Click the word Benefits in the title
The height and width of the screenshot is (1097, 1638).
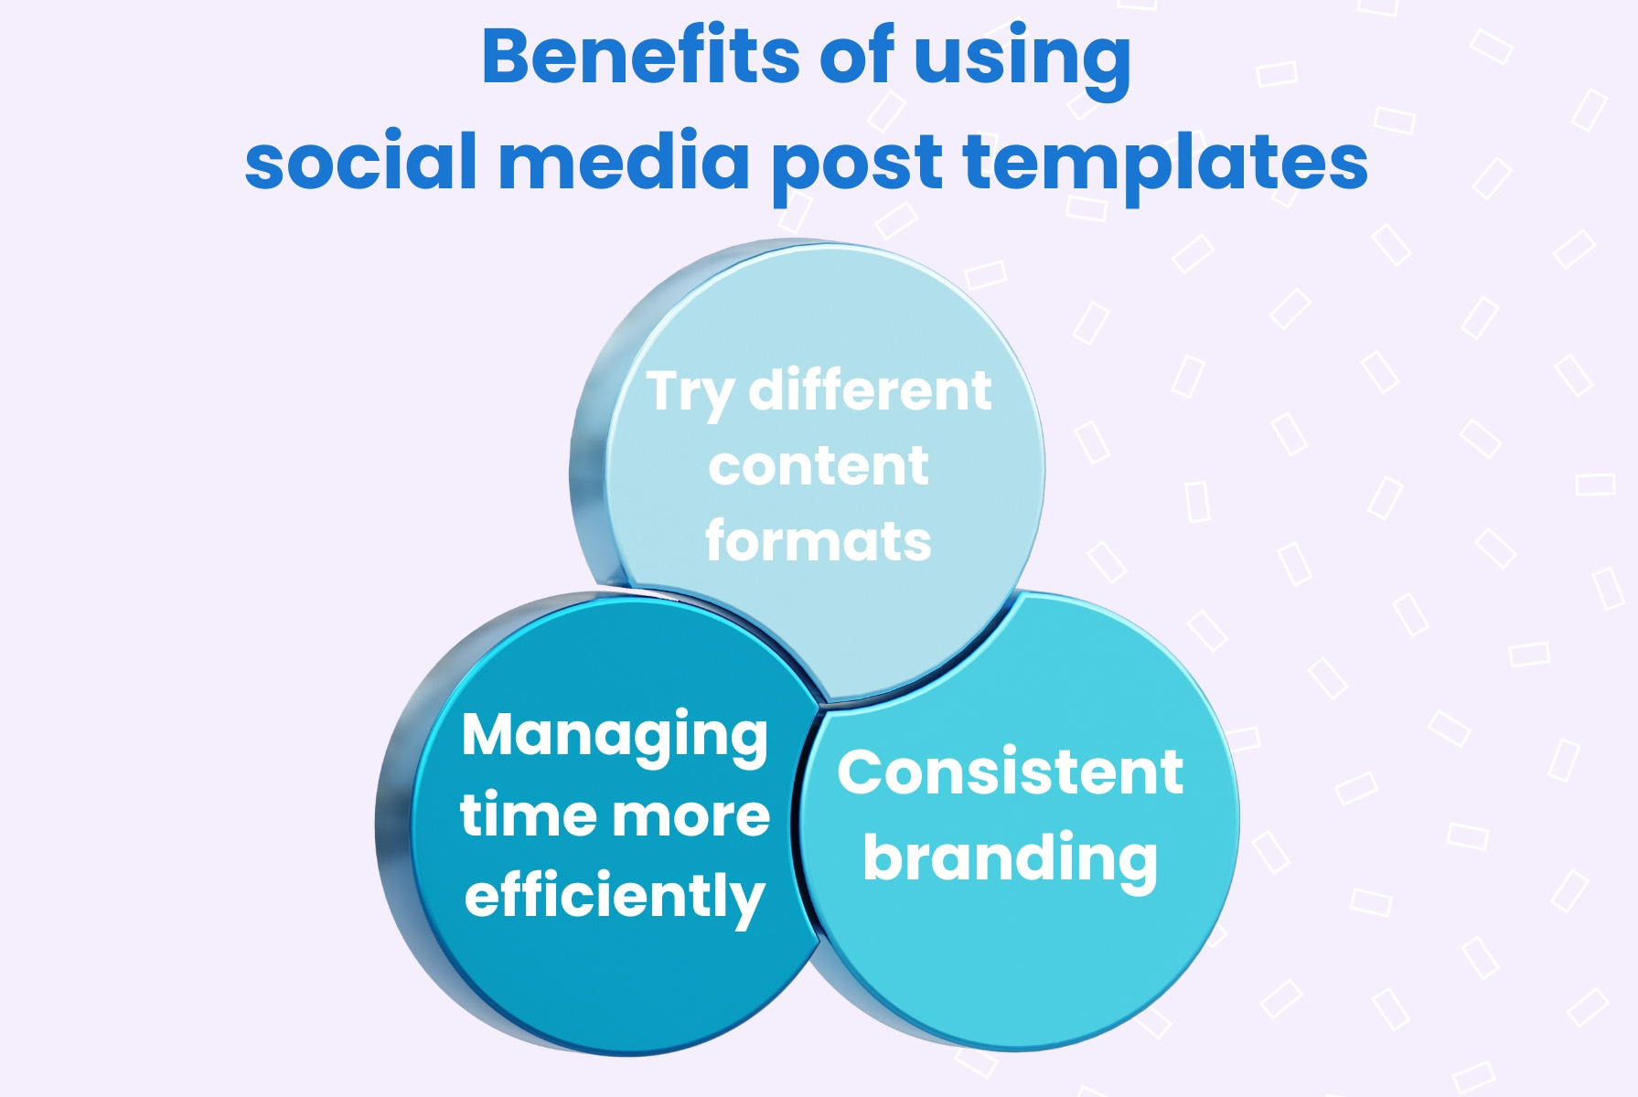(x=641, y=57)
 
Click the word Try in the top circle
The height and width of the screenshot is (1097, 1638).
(x=690, y=394)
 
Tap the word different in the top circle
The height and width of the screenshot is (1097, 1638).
(x=870, y=391)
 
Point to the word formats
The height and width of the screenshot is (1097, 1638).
(x=819, y=541)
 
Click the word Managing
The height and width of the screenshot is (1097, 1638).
(x=615, y=737)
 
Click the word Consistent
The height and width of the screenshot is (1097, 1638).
(x=1011, y=772)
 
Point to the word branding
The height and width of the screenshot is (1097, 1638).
(x=1011, y=859)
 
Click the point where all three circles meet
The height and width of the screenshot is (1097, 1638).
(x=826, y=704)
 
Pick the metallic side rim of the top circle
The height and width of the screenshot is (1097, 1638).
(x=587, y=457)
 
